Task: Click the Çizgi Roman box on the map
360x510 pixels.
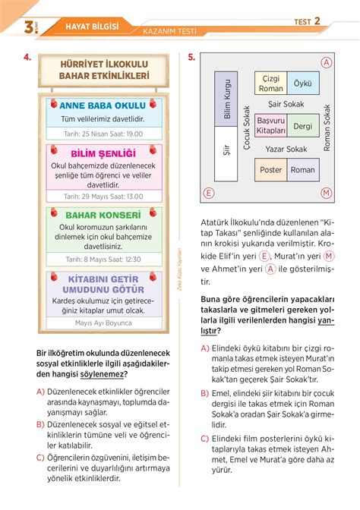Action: coord(271,83)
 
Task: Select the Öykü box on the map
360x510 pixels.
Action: coord(303,83)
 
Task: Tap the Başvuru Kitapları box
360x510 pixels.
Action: coord(271,126)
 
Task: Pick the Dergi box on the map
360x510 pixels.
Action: coord(303,127)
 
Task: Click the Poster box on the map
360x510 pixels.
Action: coord(271,170)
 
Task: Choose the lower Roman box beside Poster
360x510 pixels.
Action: coord(303,170)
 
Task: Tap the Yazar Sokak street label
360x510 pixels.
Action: coord(286,149)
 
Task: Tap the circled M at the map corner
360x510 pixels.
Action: coord(327,193)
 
